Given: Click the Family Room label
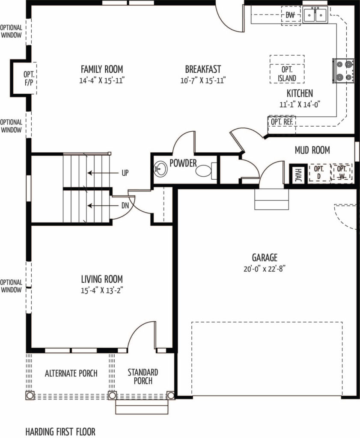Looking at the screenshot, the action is click(x=102, y=69).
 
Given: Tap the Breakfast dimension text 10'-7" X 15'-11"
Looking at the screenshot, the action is click(x=203, y=81).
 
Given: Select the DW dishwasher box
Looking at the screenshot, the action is click(x=291, y=16).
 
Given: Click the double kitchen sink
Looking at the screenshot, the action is click(x=315, y=15).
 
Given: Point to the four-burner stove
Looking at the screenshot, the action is click(x=343, y=71).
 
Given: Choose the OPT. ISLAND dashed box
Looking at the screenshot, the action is click(x=287, y=69).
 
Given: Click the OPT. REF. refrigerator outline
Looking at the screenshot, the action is click(x=282, y=125).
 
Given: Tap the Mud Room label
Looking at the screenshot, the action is click(x=312, y=150).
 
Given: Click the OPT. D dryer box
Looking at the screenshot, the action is click(x=319, y=172).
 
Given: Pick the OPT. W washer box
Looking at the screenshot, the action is click(x=342, y=172).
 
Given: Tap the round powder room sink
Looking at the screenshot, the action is click(x=161, y=169).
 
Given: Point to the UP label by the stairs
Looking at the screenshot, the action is click(x=125, y=173).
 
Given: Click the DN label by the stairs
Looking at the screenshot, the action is click(x=125, y=206).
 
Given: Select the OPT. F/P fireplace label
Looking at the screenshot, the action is click(x=29, y=79).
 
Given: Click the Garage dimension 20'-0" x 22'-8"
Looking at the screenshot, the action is click(x=265, y=269).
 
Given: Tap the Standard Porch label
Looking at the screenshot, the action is click(x=143, y=376).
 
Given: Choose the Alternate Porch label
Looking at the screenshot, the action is click(x=71, y=373).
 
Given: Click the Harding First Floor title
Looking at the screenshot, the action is click(x=60, y=432).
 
